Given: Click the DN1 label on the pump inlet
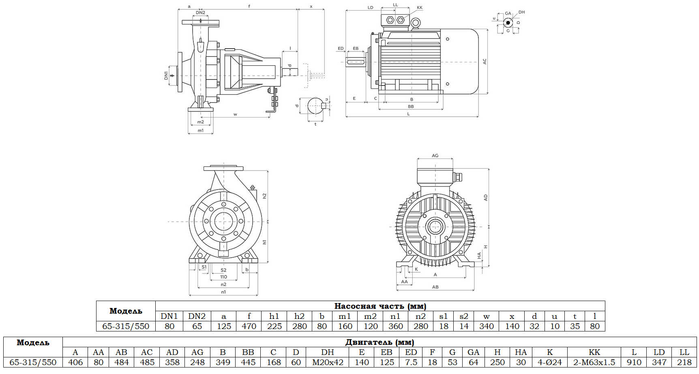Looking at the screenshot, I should click(x=166, y=75).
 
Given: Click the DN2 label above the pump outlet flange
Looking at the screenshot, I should click(x=200, y=13).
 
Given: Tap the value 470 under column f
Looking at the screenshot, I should click(x=249, y=326).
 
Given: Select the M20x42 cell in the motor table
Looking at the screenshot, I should click(x=328, y=362).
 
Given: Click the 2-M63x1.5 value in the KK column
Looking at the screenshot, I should click(x=594, y=362).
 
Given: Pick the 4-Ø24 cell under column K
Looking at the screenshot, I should click(x=549, y=362).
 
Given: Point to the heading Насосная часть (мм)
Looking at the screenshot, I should click(x=380, y=306).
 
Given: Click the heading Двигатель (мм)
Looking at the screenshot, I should click(x=380, y=342).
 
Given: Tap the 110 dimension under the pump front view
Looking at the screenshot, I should click(x=223, y=277).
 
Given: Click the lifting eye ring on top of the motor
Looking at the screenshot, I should click(x=415, y=24).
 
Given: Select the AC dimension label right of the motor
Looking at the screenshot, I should click(x=484, y=62).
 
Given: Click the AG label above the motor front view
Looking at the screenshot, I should click(x=435, y=156).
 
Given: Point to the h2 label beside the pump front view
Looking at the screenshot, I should click(x=264, y=196).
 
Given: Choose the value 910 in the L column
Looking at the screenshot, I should click(x=634, y=362).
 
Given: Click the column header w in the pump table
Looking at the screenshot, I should click(x=487, y=316).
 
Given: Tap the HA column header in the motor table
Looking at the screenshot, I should click(x=521, y=353).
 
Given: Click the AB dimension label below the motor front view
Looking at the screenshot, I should click(x=435, y=287).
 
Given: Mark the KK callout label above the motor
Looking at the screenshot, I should click(x=420, y=8).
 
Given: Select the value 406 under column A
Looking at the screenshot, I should click(x=75, y=362).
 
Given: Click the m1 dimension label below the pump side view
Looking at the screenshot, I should click(x=200, y=130).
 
